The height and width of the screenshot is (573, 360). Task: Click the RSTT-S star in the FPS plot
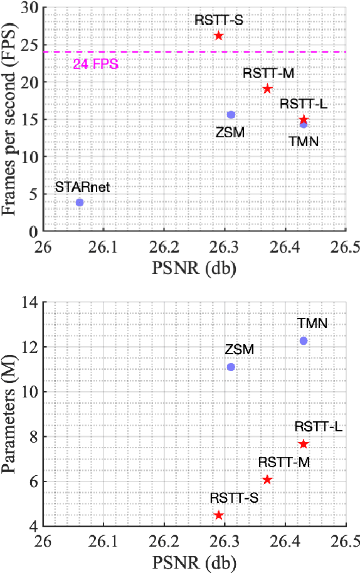coord(218,36)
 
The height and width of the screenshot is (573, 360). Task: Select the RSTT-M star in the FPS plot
coord(267,89)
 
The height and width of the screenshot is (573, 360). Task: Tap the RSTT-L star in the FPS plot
coord(304,119)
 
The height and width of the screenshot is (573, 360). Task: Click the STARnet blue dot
coord(80,202)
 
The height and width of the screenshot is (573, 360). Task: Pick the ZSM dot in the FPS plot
coord(231,115)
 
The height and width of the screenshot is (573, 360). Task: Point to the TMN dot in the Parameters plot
coord(304,341)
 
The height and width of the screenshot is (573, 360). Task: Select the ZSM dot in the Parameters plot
coord(231,367)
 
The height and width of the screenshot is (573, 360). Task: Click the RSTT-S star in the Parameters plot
coord(218,515)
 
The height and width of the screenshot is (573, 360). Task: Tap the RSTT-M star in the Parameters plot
coord(267,480)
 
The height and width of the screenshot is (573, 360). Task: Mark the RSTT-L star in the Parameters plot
coord(304,444)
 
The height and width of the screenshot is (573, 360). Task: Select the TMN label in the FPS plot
coord(304,142)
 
